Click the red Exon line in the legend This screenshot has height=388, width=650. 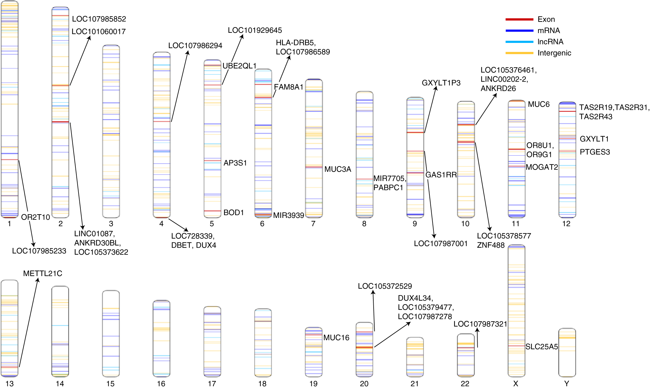pyautogui.click(x=519, y=19)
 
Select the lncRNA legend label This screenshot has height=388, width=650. pyautogui.click(x=550, y=42)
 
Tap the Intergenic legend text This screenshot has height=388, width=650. pyautogui.click(x=554, y=53)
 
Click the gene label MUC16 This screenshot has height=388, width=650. pyautogui.click(x=336, y=338)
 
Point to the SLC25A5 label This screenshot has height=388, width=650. pyautogui.click(x=541, y=347)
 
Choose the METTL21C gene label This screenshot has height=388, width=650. pyautogui.click(x=43, y=273)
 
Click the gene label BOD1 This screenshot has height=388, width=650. pyautogui.click(x=233, y=212)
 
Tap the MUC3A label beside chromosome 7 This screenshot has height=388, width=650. pyautogui.click(x=337, y=169)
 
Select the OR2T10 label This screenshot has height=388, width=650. pyautogui.click(x=35, y=217)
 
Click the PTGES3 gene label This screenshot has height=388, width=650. pyautogui.click(x=594, y=152)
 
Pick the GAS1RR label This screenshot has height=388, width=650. pyautogui.click(x=441, y=175)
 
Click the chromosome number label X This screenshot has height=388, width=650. pyautogui.click(x=516, y=384)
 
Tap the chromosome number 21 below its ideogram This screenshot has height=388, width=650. pyautogui.click(x=414, y=384)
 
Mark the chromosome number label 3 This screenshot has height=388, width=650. pyautogui.click(x=111, y=224)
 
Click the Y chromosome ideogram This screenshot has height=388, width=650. pyautogui.click(x=567, y=352)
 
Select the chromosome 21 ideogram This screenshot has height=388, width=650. pyautogui.click(x=415, y=357)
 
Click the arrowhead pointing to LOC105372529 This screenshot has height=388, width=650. pyautogui.click(x=373, y=292)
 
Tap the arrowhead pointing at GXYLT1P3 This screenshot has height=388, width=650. pyautogui.click(x=436, y=88)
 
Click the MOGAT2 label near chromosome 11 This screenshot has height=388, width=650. pyautogui.click(x=542, y=167)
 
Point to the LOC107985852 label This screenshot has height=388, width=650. pyautogui.click(x=99, y=19)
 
